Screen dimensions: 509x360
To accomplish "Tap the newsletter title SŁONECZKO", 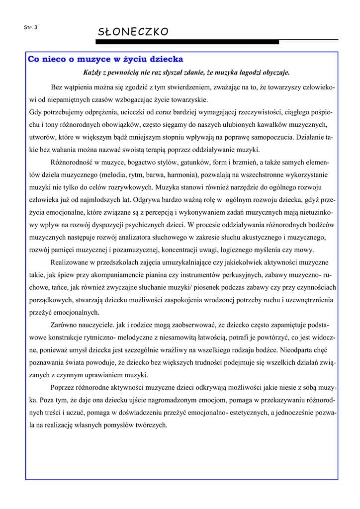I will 133,32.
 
